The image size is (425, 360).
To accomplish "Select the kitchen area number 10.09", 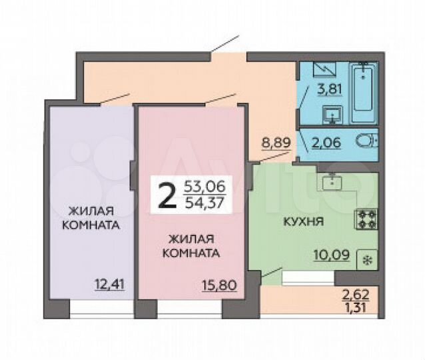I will (x=330, y=254).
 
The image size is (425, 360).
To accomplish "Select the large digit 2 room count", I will (x=167, y=194).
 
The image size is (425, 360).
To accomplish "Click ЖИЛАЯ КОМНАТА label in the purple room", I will (x=90, y=218).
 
